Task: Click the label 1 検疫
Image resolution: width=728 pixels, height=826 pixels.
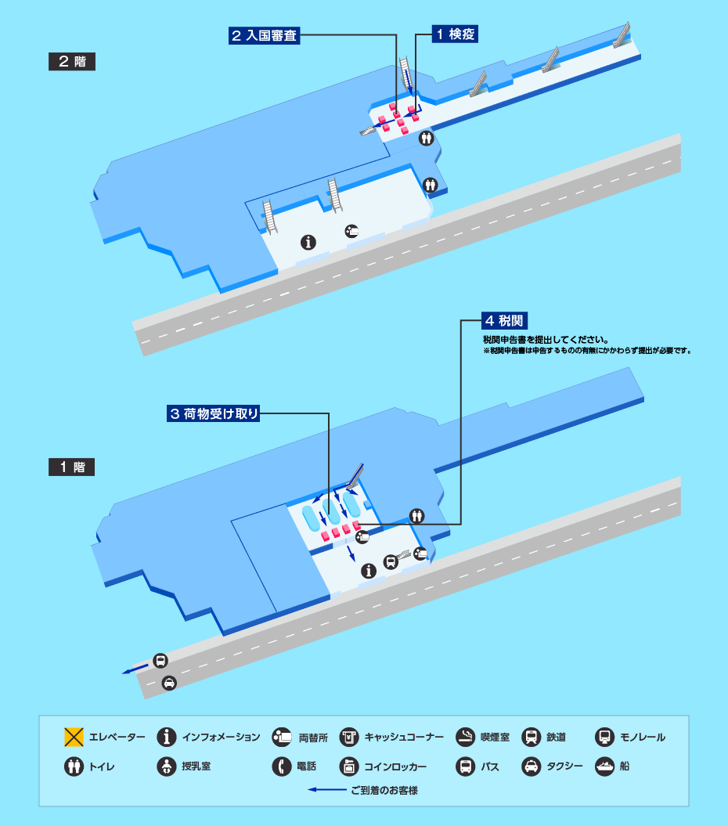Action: tap(454, 34)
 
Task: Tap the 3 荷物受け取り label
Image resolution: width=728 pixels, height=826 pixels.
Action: tap(213, 414)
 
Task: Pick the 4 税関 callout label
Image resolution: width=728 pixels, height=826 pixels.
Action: tap(504, 320)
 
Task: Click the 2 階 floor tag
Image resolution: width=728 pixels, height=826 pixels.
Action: tap(71, 62)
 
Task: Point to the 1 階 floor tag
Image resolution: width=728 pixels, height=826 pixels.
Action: tap(71, 467)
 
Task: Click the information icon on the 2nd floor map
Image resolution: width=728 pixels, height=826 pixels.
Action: tap(308, 242)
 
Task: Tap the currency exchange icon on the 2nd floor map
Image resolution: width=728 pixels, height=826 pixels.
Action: tap(352, 230)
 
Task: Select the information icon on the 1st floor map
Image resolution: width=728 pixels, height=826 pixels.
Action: tap(368, 572)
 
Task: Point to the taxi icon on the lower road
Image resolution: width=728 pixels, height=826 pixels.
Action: tap(168, 684)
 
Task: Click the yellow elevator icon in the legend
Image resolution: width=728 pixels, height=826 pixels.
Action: tap(74, 737)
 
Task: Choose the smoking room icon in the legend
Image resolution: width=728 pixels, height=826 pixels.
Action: tap(465, 737)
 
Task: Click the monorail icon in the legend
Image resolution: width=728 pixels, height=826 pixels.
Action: tap(604, 737)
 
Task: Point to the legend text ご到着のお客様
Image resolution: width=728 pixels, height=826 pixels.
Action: tap(384, 791)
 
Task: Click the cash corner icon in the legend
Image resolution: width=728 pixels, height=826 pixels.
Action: tap(348, 737)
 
